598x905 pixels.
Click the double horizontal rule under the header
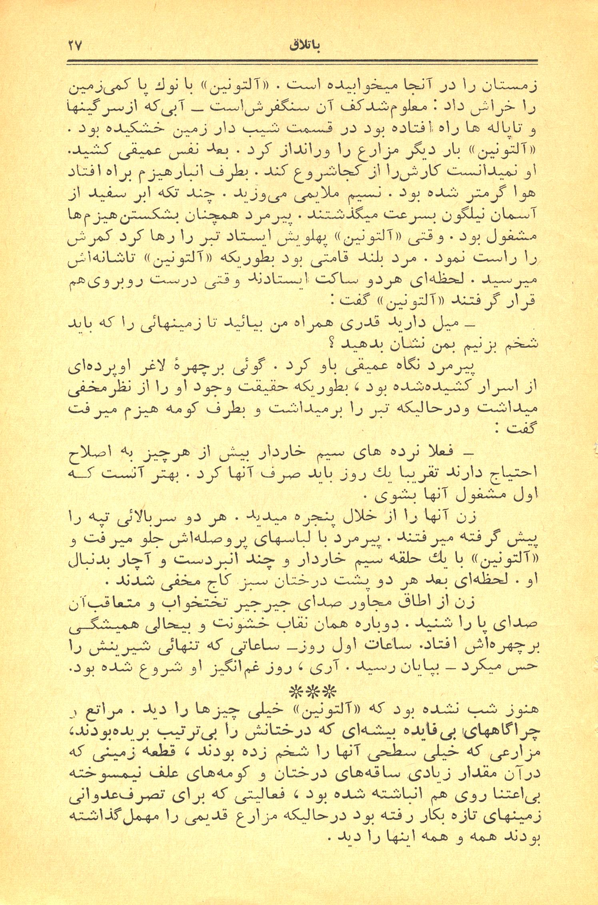(x=301, y=62)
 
